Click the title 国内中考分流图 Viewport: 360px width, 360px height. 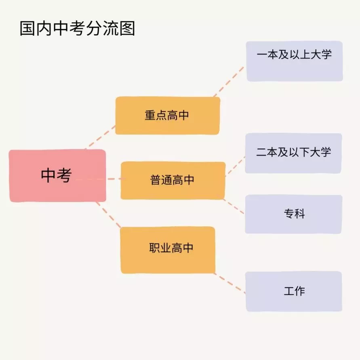pos(77,28)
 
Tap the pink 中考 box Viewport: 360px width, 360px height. pos(57,176)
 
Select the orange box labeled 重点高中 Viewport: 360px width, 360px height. pos(168,116)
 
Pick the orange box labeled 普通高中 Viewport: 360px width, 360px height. pos(173,181)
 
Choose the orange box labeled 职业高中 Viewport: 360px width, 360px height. pos(168,250)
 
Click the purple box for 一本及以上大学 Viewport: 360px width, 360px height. pos(294,61)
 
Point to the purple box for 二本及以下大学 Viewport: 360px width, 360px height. pos(293,153)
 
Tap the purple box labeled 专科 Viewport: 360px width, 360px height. pos(294,214)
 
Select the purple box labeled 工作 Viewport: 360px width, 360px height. pos(294,291)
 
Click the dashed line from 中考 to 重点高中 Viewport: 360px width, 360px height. pos(100,137)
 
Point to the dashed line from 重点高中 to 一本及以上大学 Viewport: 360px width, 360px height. pos(229,82)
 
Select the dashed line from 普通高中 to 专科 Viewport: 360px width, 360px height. pos(233,206)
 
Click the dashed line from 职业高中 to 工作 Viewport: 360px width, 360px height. pos(229,283)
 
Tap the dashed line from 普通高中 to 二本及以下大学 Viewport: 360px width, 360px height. pos(235,166)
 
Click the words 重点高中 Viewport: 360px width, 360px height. pos(167,115)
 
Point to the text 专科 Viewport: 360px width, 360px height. pos(294,214)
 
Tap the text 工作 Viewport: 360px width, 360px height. pos(294,291)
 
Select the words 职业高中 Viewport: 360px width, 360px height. pos(171,248)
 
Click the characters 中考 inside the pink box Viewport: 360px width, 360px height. pos(57,175)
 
